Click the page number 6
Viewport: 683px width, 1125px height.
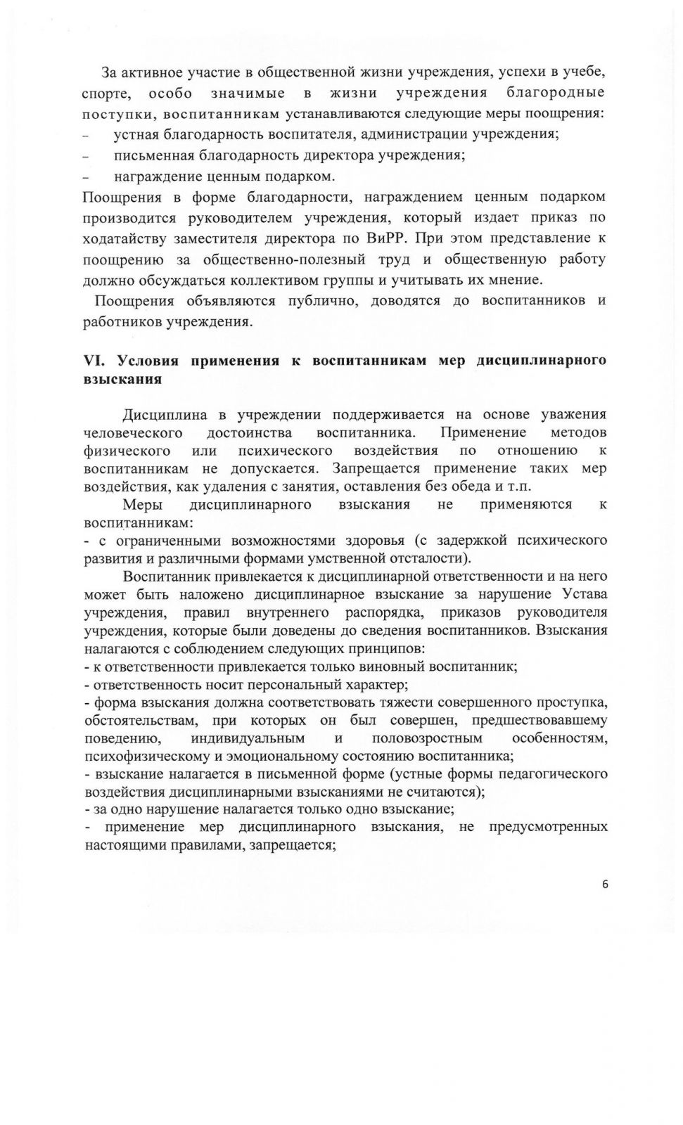(605, 885)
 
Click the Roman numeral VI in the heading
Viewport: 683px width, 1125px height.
(94, 361)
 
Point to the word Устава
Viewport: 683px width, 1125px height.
(585, 595)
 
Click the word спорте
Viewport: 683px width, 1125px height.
(104, 94)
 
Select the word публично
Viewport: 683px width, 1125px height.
(321, 301)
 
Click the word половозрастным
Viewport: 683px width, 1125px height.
(427, 738)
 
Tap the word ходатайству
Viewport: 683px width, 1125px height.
(123, 238)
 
